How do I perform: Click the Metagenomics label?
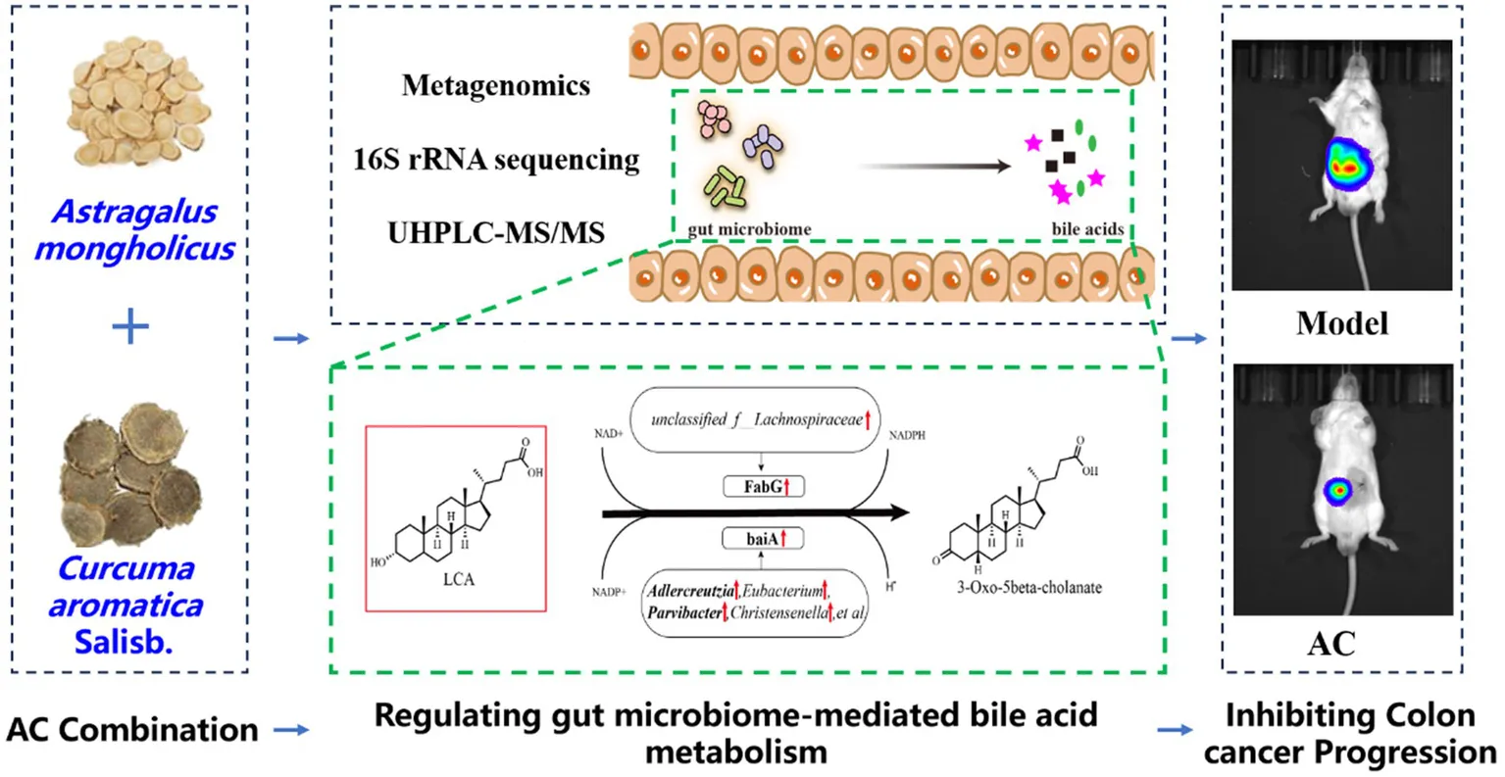tap(496, 85)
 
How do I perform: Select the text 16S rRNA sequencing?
tap(496, 159)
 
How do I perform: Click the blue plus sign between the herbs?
tap(129, 327)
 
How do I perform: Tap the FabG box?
tap(763, 485)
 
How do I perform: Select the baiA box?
tap(763, 538)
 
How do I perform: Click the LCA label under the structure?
tap(458, 579)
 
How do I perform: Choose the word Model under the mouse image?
tap(1341, 322)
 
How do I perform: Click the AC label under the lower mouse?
tap(1330, 643)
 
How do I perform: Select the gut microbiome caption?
tap(749, 229)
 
